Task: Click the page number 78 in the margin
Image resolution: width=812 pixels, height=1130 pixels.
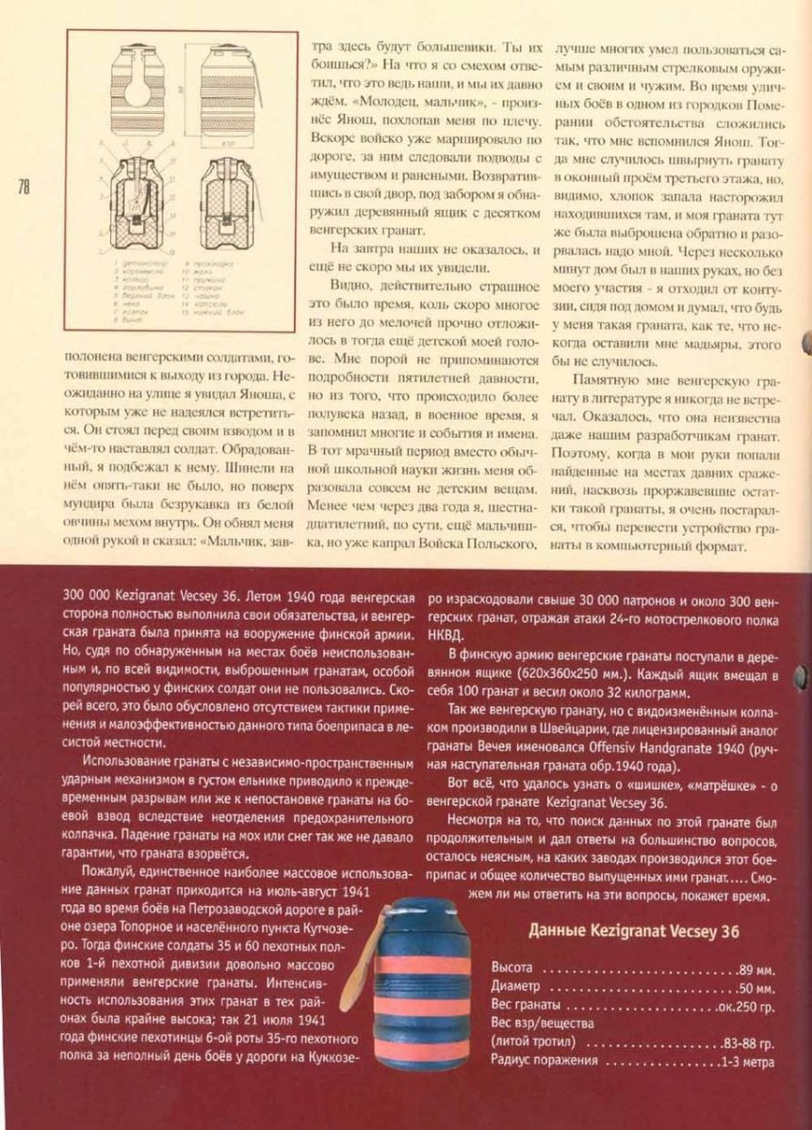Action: pos(23,186)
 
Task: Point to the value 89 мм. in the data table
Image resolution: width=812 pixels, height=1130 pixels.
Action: pos(756,968)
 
